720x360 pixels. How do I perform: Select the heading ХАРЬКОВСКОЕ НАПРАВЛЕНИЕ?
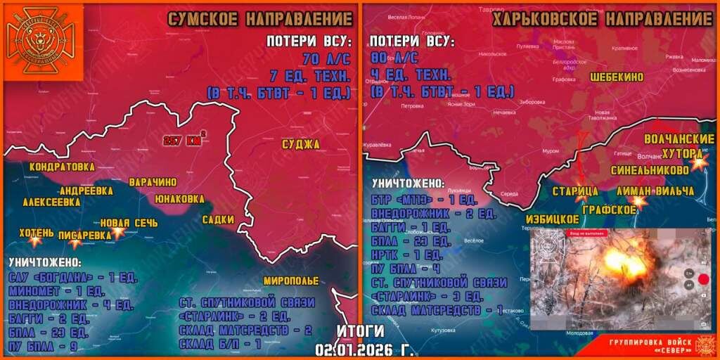pos(603,18)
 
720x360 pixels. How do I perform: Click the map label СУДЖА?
pos(300,144)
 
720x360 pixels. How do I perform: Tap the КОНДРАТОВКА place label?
pos(62,167)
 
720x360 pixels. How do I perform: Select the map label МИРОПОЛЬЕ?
pos(290,281)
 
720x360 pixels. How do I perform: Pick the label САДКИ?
pos(218,219)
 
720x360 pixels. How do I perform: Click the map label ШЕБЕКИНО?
pos(620,77)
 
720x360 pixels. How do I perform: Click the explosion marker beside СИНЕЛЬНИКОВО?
pos(698,162)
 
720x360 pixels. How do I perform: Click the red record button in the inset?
pos(702,280)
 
